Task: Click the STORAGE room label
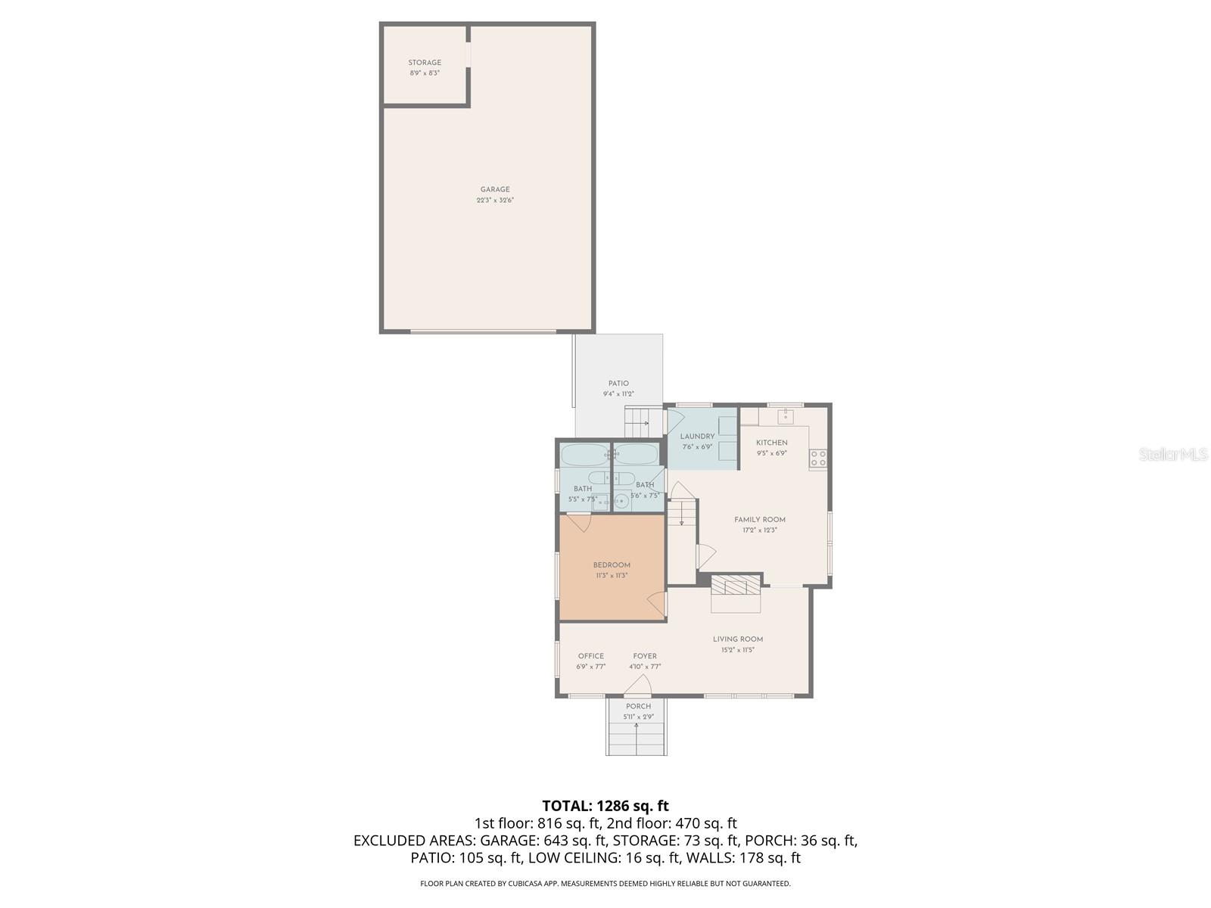coord(425,63)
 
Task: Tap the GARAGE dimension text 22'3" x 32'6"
coord(495,201)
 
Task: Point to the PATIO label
coord(618,384)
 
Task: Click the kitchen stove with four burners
coord(818,457)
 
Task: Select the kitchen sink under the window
coord(786,416)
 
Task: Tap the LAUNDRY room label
coord(697,437)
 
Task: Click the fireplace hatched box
coord(735,585)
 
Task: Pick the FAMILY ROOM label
coord(760,520)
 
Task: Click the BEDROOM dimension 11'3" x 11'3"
coord(612,576)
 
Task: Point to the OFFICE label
coord(591,656)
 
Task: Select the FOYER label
coord(645,656)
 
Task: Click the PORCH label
coord(638,706)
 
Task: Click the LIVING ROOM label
coord(738,639)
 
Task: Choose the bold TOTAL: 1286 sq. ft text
coord(605,806)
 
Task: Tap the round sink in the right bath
coord(621,500)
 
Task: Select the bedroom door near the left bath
coord(579,523)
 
